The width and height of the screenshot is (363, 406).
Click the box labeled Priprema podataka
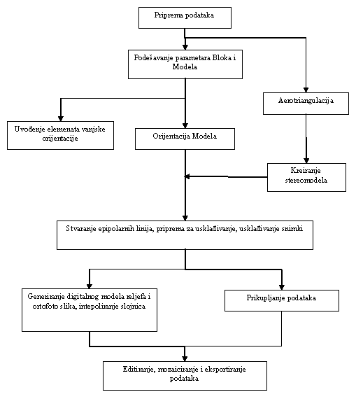pyautogui.click(x=185, y=17)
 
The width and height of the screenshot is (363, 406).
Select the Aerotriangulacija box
pyautogui.click(x=306, y=104)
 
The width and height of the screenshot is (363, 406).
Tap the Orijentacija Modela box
pyautogui.click(x=185, y=139)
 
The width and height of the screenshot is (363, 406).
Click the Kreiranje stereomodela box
pyautogui.click(x=306, y=177)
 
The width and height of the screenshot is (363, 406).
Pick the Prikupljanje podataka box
pyautogui.click(x=281, y=300)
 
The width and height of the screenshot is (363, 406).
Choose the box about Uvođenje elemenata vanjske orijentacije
pyautogui.click(x=60, y=135)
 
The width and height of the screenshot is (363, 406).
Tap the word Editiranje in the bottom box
pyautogui.click(x=139, y=370)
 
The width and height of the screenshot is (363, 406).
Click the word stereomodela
pyautogui.click(x=306, y=180)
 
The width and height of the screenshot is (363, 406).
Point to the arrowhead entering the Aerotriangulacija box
pyautogui.click(x=306, y=90)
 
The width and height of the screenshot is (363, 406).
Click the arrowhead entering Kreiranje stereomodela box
pyautogui.click(x=306, y=160)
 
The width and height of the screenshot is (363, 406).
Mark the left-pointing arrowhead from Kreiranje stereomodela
pyautogui.click(x=187, y=176)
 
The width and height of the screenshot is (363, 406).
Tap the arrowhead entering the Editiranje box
pyautogui.click(x=185, y=358)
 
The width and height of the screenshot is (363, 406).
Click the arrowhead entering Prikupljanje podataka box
pyautogui.click(x=282, y=287)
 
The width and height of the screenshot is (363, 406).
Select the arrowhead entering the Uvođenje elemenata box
pyautogui.click(x=61, y=118)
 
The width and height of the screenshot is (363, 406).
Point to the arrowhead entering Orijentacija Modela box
pyautogui.click(x=185, y=125)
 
